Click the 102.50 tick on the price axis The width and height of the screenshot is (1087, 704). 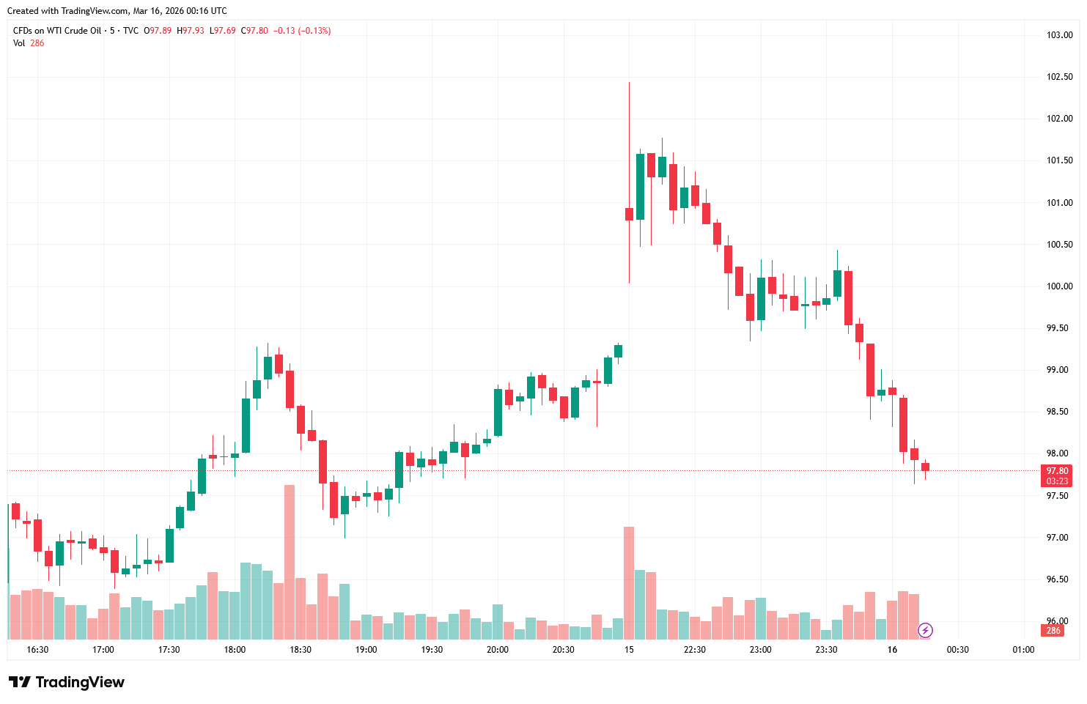tap(1059, 77)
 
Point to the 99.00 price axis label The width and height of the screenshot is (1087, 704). tap(1059, 370)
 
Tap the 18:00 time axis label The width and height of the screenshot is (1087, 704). tap(235, 650)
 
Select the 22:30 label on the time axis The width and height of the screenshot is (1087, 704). tap(694, 650)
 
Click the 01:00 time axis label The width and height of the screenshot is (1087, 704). tap(1023, 650)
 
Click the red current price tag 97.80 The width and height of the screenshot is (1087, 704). tap(1056, 471)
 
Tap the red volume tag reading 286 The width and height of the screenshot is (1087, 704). tap(1053, 631)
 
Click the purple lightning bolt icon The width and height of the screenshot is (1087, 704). tap(926, 630)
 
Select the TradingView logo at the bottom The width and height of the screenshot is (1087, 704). tap(67, 682)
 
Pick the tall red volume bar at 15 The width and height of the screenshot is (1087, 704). tap(629, 582)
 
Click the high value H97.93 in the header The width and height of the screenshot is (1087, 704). tap(191, 31)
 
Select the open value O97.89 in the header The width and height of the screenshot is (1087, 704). tap(158, 31)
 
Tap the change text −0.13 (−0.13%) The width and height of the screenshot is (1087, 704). tap(302, 31)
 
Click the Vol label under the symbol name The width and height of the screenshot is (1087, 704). tap(19, 43)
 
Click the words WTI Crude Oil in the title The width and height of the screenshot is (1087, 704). tap(73, 31)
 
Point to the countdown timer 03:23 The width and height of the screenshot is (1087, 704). tap(1056, 481)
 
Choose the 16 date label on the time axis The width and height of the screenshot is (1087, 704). tap(892, 650)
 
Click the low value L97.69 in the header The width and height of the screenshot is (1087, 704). tap(223, 31)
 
